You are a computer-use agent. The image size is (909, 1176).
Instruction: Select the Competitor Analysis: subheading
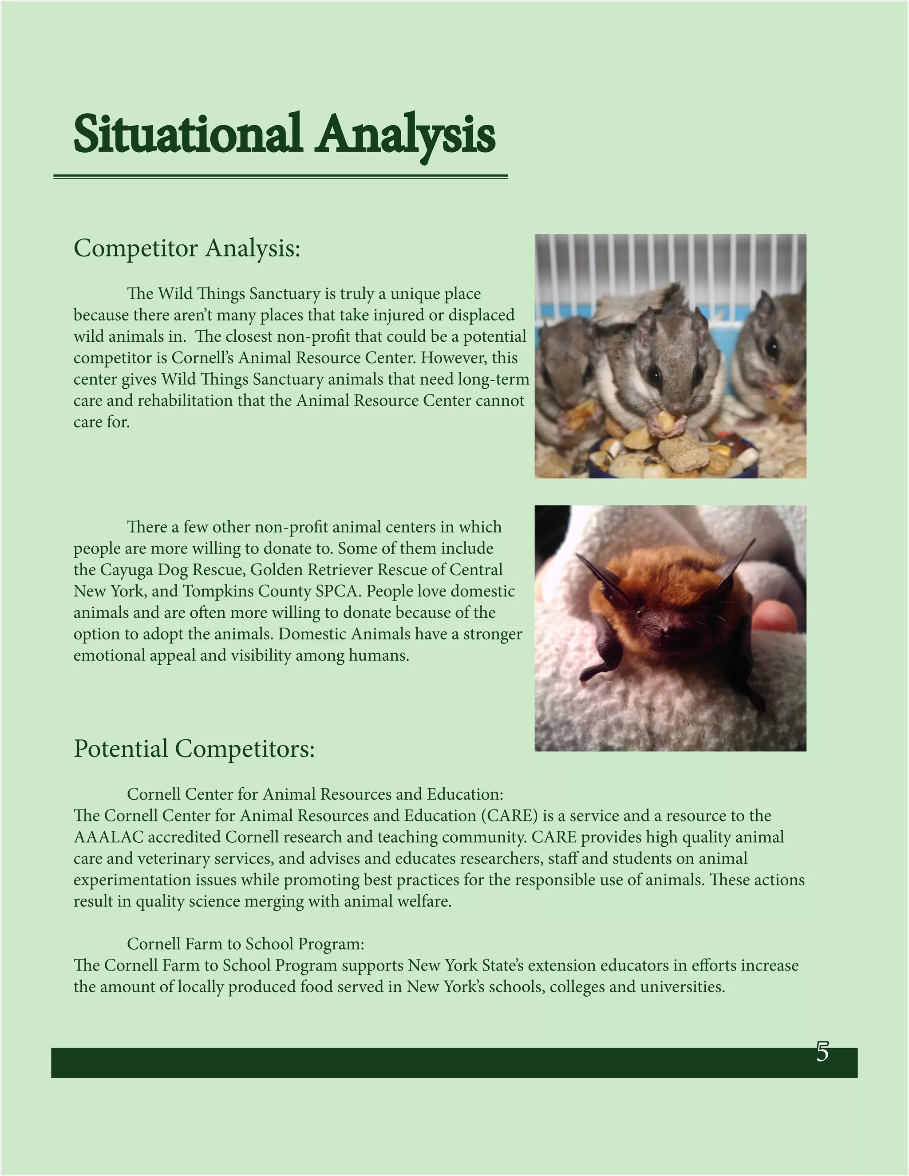(186, 248)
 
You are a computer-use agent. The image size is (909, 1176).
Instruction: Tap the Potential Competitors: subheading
(194, 749)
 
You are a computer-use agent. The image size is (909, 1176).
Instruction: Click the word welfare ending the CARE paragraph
(424, 901)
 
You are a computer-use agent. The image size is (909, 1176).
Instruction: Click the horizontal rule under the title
(280, 176)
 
